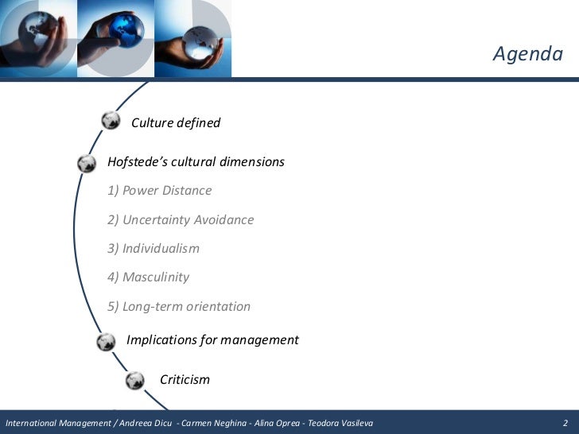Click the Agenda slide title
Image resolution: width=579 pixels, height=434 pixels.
point(527,54)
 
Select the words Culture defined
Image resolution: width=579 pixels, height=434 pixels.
point(175,123)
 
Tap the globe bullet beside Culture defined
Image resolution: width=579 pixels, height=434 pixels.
point(111,121)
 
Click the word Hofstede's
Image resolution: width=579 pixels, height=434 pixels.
point(136,162)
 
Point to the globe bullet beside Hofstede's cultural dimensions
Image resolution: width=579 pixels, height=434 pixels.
point(87,163)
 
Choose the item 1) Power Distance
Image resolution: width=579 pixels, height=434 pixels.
point(159,191)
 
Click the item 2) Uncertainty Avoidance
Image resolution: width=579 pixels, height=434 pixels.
point(181,220)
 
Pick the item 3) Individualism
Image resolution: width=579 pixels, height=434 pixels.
point(153,249)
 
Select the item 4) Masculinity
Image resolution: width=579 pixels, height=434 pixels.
point(148,277)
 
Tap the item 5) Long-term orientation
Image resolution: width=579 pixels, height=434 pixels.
point(179,307)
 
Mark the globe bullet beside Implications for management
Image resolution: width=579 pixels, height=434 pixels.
point(105,342)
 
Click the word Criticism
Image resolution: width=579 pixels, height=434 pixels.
point(185,380)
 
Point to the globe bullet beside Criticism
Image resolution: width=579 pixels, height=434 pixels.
point(134,380)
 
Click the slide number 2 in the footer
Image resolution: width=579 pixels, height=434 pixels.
point(565,422)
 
